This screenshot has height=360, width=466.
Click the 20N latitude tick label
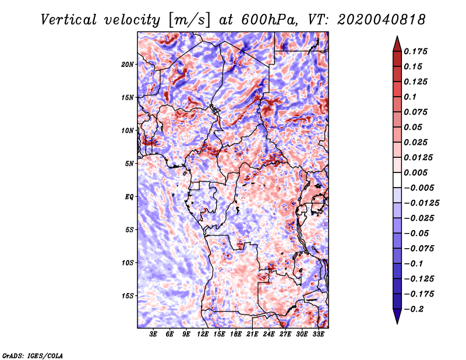coord(128,65)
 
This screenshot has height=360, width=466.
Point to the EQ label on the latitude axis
coord(129,197)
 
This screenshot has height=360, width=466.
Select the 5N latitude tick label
coord(129,164)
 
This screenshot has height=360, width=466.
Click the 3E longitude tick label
coord(153,334)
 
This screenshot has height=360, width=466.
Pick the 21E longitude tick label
coord(252,334)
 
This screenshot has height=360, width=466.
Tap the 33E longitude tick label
coord(318,334)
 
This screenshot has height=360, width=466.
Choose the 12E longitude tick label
coord(203,334)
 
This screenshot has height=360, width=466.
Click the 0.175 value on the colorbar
coord(415,51)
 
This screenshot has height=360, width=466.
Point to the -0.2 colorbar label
coord(414,309)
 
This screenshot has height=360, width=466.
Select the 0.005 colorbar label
coord(415,172)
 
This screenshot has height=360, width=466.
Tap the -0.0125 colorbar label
coord(421,203)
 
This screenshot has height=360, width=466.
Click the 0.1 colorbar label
coord(410,97)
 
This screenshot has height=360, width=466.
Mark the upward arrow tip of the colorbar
coord(397,36)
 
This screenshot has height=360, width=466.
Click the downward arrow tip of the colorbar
coord(397,323)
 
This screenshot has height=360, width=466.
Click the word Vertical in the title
coord(69,20)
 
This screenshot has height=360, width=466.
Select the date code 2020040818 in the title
coord(382,20)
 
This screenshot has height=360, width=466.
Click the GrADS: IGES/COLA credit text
coord(33,356)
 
